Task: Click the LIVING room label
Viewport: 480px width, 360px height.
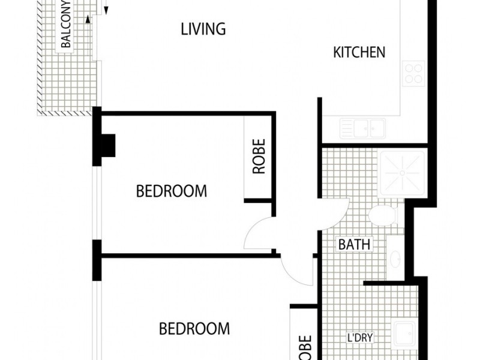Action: tap(203, 29)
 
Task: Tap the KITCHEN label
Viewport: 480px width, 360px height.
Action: tap(359, 52)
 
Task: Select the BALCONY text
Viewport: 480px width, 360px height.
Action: tap(66, 24)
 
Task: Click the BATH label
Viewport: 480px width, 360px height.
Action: tap(354, 244)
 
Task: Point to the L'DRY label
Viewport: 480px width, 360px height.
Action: tap(360, 338)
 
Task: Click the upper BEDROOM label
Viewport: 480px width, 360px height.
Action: tap(172, 191)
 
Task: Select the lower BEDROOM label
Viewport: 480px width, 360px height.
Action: tap(194, 329)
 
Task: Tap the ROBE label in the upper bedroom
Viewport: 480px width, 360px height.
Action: tap(259, 157)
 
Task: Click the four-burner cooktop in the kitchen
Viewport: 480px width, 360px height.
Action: tap(413, 74)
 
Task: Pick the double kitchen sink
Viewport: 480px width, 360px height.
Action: tap(363, 128)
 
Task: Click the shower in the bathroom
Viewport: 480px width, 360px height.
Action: tap(402, 173)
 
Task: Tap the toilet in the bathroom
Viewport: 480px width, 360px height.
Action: tap(383, 215)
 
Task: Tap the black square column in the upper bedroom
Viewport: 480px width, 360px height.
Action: tap(108, 145)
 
